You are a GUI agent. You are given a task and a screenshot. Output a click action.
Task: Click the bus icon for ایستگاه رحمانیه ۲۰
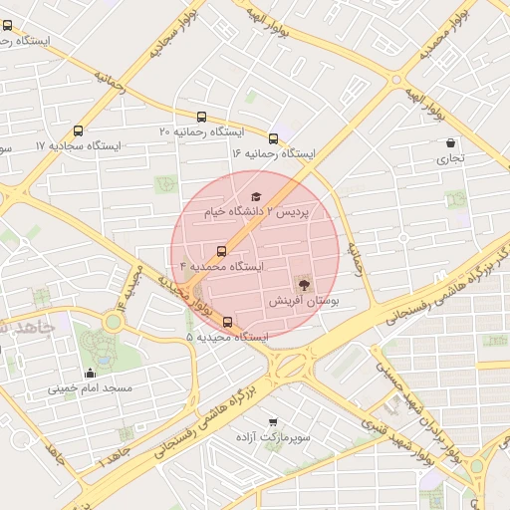tap(203, 117)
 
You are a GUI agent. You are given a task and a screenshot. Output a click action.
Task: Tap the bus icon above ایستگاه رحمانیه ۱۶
tap(273, 138)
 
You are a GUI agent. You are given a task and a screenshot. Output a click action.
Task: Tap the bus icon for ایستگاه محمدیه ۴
tap(221, 251)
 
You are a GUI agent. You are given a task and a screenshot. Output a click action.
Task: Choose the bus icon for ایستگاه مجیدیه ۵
tap(228, 322)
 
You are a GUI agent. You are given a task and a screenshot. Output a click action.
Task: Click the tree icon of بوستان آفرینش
tap(304, 283)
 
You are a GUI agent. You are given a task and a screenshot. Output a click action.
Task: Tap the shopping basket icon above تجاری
tap(452, 142)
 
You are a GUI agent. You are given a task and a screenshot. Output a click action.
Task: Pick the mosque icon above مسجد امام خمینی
tap(91, 372)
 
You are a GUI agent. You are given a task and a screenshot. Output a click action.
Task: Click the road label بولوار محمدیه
tap(437, 33)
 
